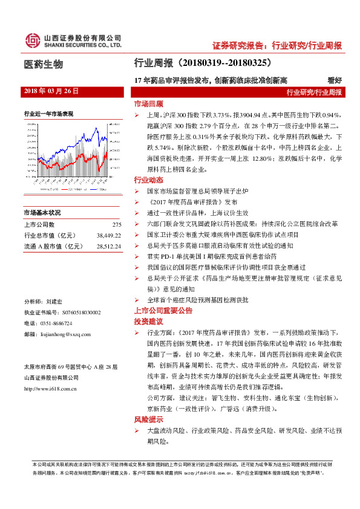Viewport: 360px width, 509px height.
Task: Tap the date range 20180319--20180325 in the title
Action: click(224, 62)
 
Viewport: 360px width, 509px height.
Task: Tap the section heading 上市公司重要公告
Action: click(163, 310)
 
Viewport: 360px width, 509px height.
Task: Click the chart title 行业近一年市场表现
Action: click(49, 113)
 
